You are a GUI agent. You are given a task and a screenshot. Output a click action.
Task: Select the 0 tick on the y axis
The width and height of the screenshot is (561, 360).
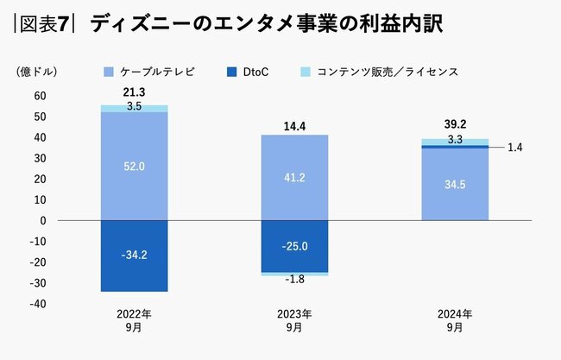pyautogui.click(x=41, y=220)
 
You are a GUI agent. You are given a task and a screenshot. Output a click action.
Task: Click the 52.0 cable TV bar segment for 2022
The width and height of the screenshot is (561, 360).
pyautogui.click(x=134, y=166)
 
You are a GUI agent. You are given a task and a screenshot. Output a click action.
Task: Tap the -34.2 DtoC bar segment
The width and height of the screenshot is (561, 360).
pyautogui.click(x=134, y=256)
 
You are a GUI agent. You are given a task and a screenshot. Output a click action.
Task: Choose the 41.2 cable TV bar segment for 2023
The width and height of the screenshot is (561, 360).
pyautogui.click(x=294, y=177)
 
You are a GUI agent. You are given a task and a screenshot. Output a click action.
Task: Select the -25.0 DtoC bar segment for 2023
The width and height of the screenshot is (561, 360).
pyautogui.click(x=294, y=246)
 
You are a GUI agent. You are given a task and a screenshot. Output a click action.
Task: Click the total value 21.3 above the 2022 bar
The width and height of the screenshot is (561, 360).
pyautogui.click(x=134, y=93)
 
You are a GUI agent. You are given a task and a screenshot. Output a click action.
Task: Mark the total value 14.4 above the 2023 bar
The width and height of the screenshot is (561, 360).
pyautogui.click(x=294, y=126)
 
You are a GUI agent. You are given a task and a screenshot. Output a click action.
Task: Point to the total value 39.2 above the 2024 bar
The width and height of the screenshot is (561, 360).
pyautogui.click(x=455, y=123)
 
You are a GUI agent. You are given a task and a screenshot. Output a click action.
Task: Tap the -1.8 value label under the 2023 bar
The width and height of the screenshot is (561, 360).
pyautogui.click(x=294, y=280)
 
